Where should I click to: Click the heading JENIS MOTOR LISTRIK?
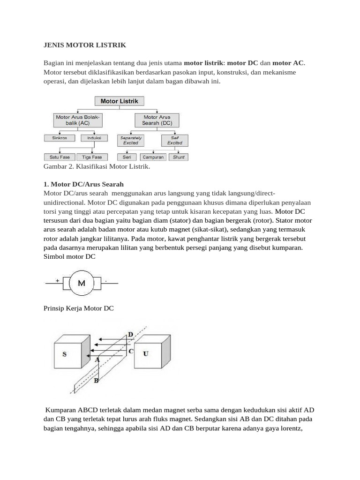click(84, 45)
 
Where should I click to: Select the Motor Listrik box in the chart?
click(120, 101)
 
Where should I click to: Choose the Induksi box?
click(94, 138)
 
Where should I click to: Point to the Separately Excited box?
click(131, 140)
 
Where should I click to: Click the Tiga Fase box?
click(92, 157)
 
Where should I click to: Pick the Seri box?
click(127, 157)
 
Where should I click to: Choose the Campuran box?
click(153, 157)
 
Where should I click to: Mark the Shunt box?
click(178, 157)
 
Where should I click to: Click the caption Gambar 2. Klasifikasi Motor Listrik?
click(97, 167)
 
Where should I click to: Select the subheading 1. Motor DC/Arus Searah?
click(83, 184)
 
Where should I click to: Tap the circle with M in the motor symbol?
click(82, 283)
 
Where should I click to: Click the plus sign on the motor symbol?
click(58, 280)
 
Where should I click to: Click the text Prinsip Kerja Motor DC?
click(78, 308)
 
